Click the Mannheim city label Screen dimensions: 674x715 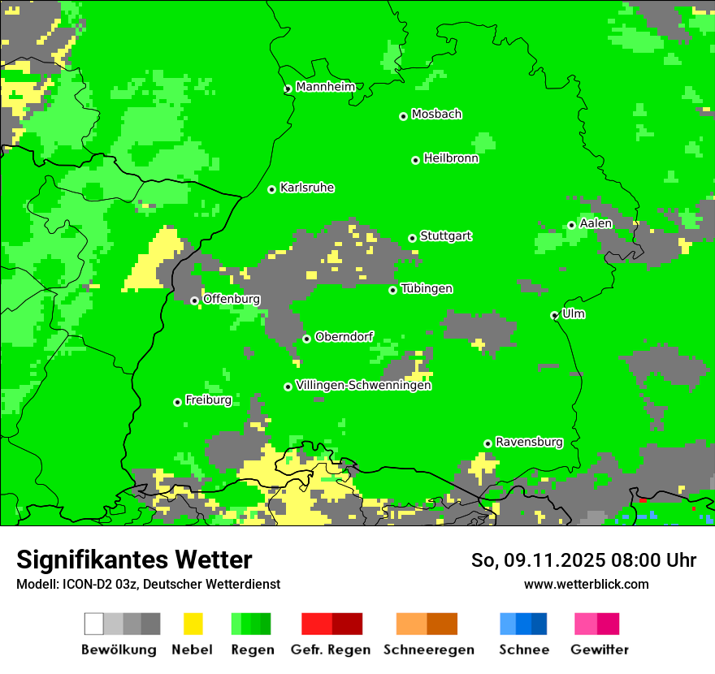pyautogui.click(x=326, y=87)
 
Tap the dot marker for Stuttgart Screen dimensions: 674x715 pyautogui.click(x=413, y=238)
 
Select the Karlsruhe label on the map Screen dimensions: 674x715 pyautogui.click(x=307, y=188)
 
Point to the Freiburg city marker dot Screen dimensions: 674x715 pyautogui.click(x=177, y=402)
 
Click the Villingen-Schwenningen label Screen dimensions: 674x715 pyautogui.click(x=363, y=385)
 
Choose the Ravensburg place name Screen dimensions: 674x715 pyautogui.click(x=529, y=442)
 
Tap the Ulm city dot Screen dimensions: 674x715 pyautogui.click(x=555, y=315)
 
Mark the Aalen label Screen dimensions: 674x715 pyautogui.click(x=596, y=223)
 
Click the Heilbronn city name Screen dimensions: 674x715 pyautogui.click(x=451, y=158)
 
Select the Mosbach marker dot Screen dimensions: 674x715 pyautogui.click(x=403, y=116)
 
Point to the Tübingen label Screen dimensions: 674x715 pyautogui.click(x=427, y=288)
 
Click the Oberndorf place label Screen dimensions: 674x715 pyautogui.click(x=344, y=337)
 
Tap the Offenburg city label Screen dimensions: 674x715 pyautogui.click(x=232, y=299)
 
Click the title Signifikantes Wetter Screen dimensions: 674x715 pyautogui.click(x=134, y=560)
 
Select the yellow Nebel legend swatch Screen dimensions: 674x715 pyautogui.click(x=193, y=624)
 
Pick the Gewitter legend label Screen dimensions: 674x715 pyautogui.click(x=600, y=650)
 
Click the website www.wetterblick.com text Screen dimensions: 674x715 pyautogui.click(x=586, y=584)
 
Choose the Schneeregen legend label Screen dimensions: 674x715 pyautogui.click(x=428, y=650)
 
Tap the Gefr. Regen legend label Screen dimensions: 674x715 pyautogui.click(x=331, y=650)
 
